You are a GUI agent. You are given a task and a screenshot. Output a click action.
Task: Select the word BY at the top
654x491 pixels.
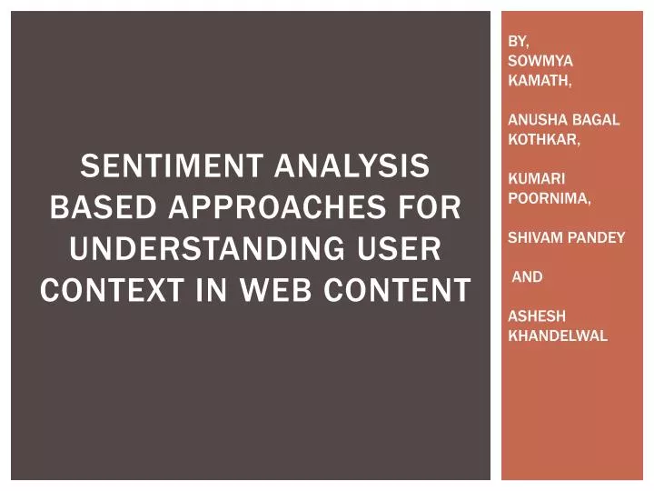518,41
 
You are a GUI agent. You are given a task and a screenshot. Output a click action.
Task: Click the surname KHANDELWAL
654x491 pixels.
558,336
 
